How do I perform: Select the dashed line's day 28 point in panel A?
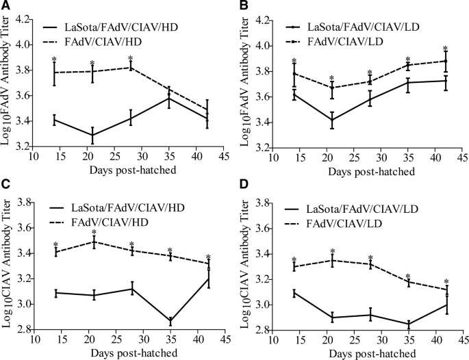131,67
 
